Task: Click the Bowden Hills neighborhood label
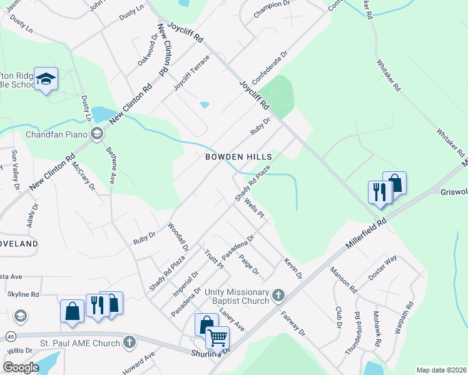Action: (238, 157)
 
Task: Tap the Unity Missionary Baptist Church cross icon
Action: (278, 294)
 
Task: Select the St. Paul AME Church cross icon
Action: (129, 342)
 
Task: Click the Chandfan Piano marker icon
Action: (97, 133)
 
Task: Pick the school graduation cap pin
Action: (46, 79)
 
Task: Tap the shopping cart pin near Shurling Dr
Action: (217, 338)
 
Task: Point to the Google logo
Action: (21, 367)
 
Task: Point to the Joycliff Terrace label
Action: (191, 74)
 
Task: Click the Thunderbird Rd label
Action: (357, 334)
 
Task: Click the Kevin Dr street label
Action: (293, 267)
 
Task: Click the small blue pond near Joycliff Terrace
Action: (205, 104)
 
